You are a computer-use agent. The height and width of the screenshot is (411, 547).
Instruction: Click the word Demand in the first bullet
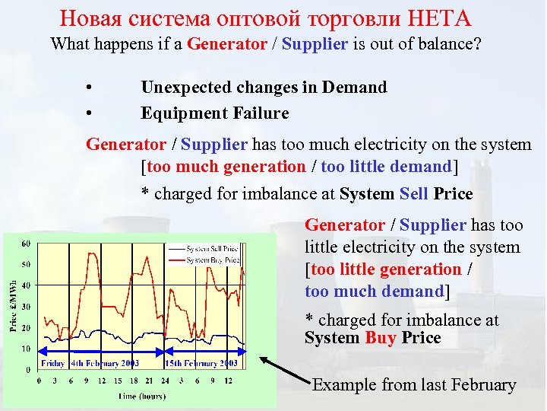tap(355, 87)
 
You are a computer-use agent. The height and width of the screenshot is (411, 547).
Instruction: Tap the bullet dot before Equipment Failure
tap(90, 114)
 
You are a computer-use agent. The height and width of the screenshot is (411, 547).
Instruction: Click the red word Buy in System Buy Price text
tap(380, 338)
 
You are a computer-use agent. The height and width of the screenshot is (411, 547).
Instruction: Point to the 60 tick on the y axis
tap(26, 244)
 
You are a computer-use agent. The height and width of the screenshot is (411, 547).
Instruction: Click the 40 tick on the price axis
tap(26, 285)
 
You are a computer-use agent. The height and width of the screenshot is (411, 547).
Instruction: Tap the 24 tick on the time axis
tap(164, 380)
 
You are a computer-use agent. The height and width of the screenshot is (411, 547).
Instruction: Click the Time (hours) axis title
tap(142, 396)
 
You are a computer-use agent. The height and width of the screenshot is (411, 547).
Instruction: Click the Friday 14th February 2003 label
tap(90, 364)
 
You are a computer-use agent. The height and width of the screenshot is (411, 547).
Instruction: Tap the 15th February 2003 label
tap(202, 364)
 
